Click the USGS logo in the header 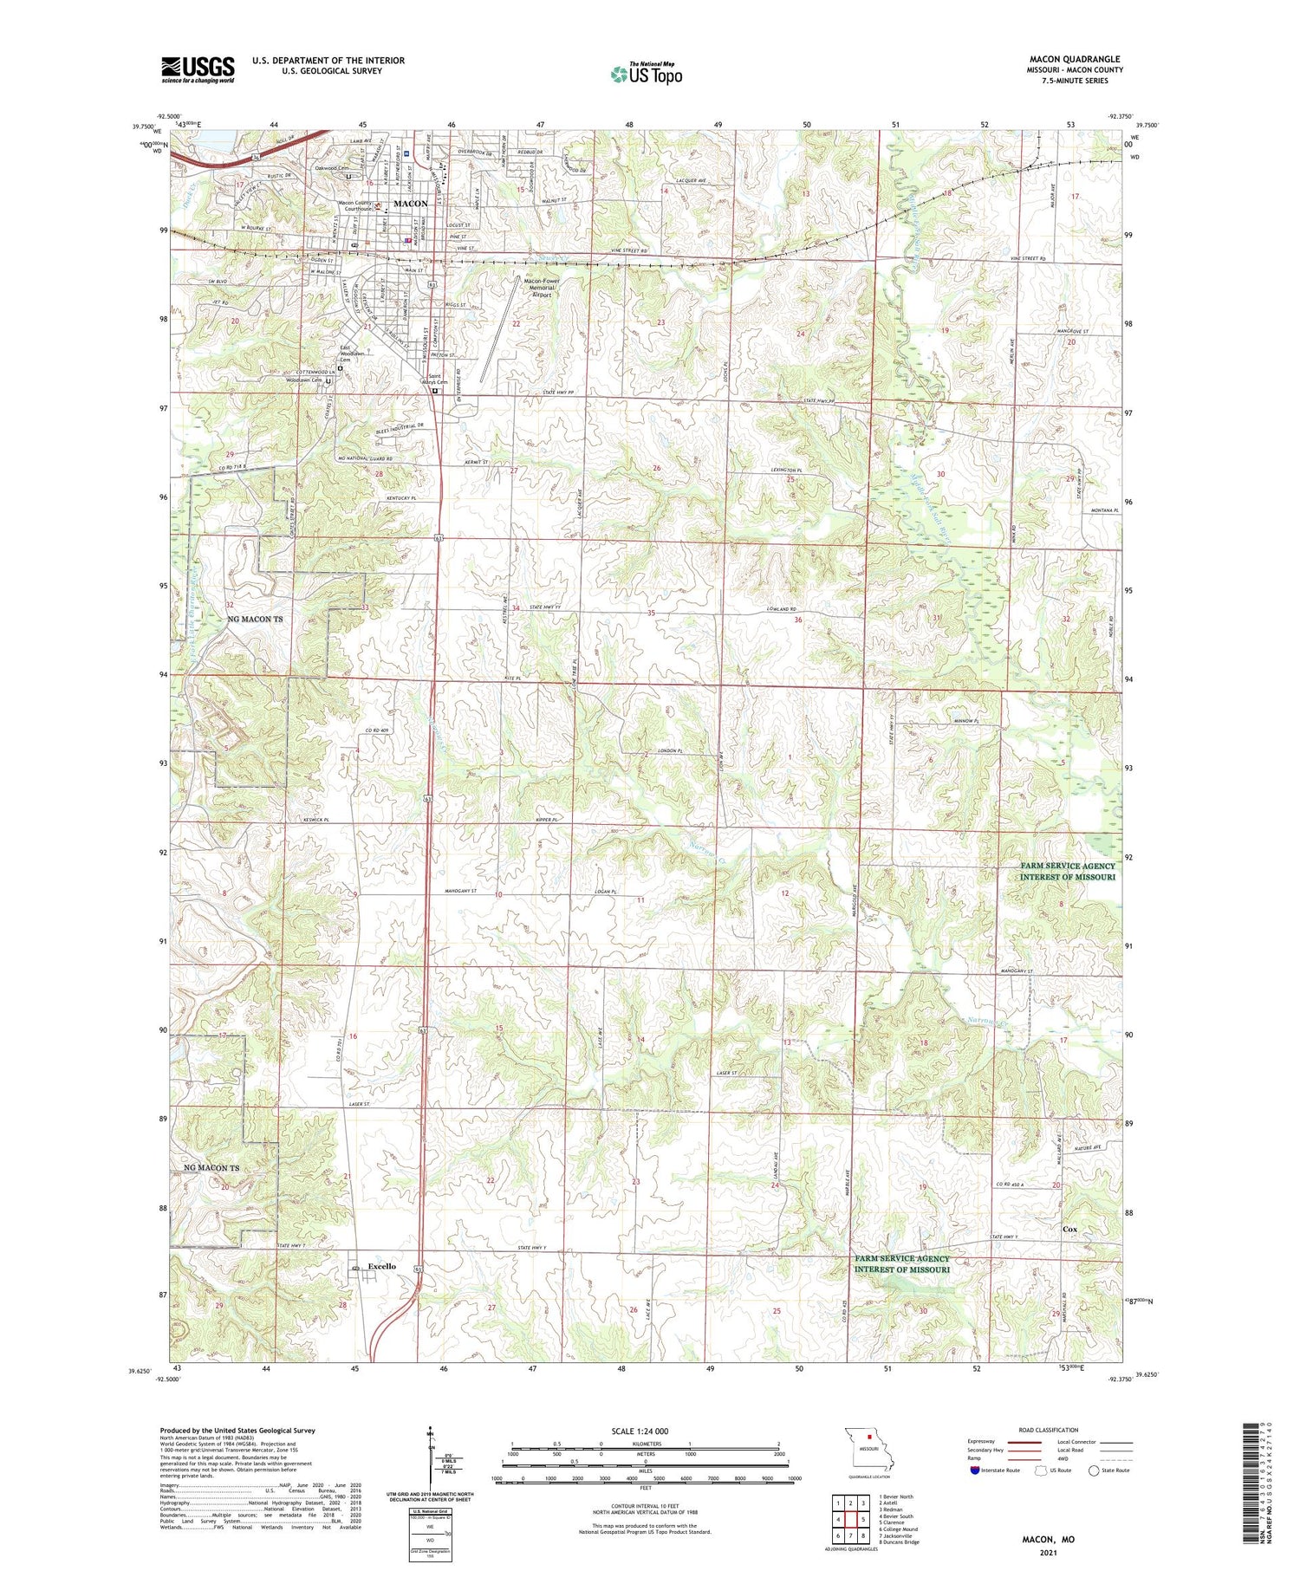point(198,69)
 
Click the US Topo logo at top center point(646,75)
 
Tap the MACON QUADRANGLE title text point(1074,59)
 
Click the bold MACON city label point(411,203)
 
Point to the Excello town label point(381,1266)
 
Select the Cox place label point(1070,1229)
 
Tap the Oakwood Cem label point(332,168)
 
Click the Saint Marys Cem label point(436,379)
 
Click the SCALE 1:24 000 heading point(640,1431)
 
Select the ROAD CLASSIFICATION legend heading point(1049,1430)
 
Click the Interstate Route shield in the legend point(974,1470)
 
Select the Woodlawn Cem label point(304,380)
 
